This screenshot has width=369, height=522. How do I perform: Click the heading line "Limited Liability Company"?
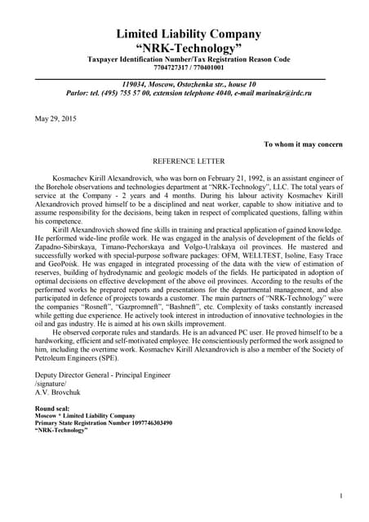coord(189,33)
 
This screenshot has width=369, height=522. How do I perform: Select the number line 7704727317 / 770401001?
coord(189,69)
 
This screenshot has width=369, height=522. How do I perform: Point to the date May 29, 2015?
coord(54,119)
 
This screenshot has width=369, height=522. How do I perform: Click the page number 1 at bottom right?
coord(340,495)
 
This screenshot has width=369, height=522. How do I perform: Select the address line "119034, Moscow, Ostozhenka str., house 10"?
coord(189,84)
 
